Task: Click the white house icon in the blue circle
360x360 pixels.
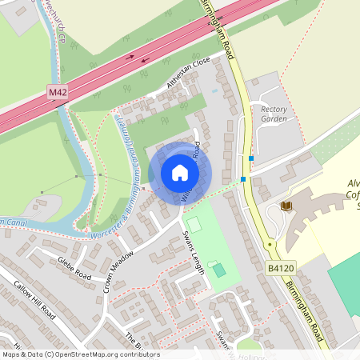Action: pyautogui.click(x=179, y=172)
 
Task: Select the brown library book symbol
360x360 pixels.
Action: pyautogui.click(x=286, y=206)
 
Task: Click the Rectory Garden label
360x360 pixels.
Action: pyautogui.click(x=274, y=113)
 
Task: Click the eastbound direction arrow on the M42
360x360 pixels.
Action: pyautogui.click(x=130, y=56)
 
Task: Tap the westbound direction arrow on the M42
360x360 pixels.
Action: pyautogui.click(x=146, y=59)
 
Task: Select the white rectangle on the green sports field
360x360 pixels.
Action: pyautogui.click(x=194, y=225)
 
